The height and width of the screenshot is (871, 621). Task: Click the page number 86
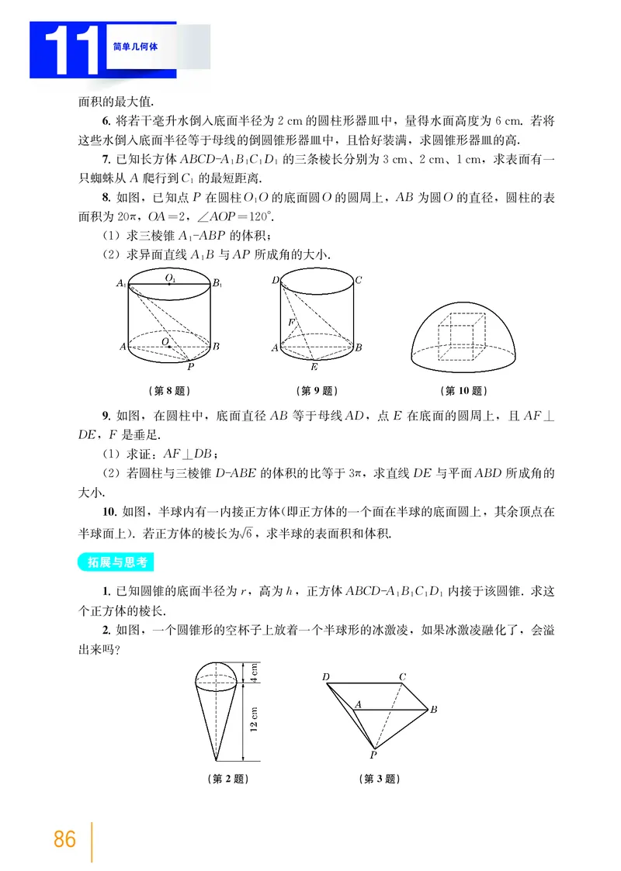65,839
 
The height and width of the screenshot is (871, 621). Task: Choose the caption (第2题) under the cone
230,778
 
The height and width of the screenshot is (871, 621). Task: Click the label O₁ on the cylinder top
168,276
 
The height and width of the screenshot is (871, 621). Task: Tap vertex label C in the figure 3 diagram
403,677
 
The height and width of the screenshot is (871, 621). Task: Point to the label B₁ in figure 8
218,285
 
